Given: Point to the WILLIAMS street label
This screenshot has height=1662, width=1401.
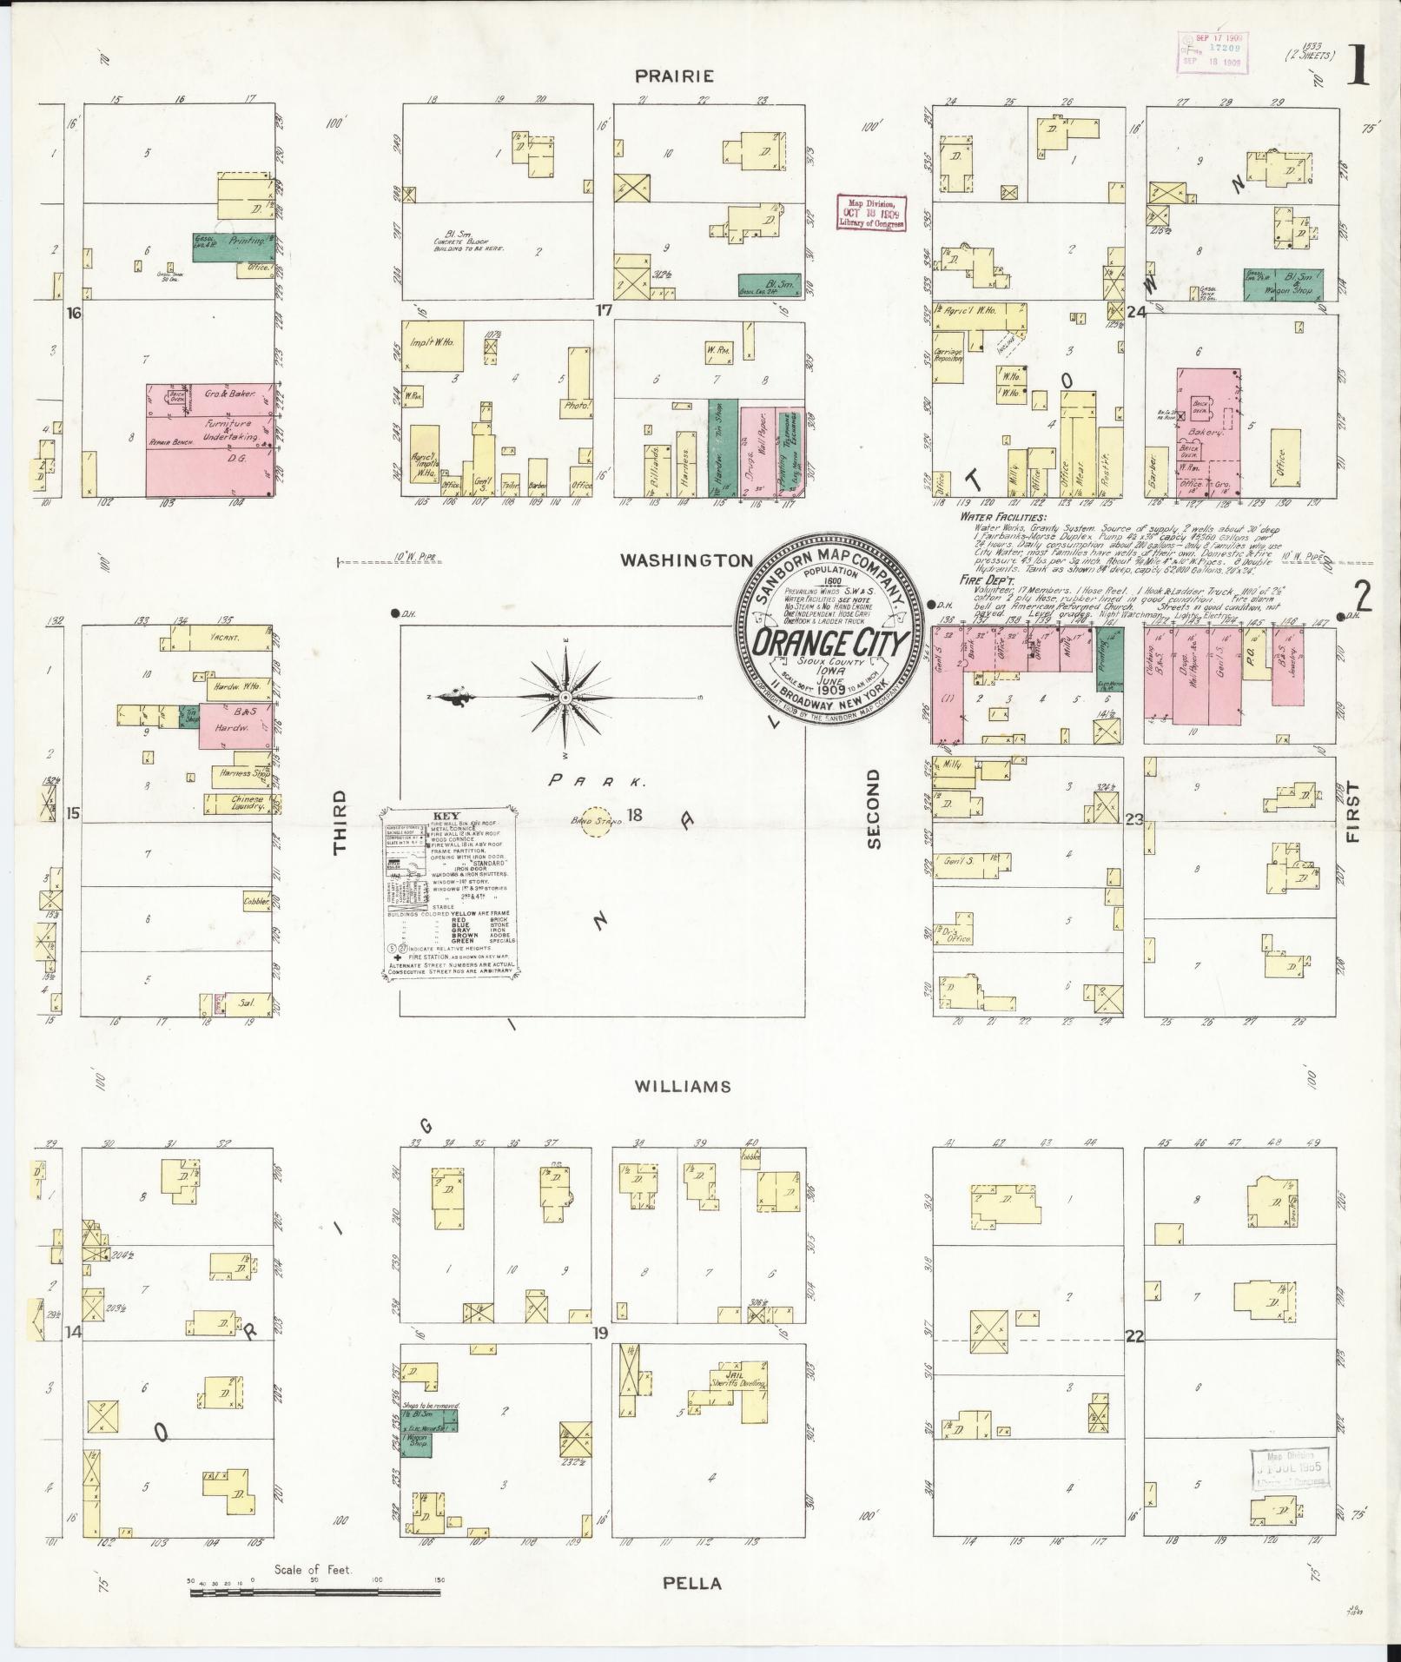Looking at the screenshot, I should click(x=682, y=1086).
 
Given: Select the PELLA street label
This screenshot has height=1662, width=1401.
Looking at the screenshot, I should click(x=692, y=1582).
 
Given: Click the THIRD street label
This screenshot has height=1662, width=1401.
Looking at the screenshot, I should click(x=340, y=824).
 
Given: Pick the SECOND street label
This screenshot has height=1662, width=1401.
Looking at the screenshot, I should click(x=874, y=808).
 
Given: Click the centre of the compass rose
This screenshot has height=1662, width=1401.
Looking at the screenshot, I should click(x=565, y=698).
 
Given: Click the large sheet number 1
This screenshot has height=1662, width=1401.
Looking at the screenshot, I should click(x=1358, y=70).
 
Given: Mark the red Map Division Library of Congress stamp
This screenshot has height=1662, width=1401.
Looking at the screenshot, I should click(x=870, y=212).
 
